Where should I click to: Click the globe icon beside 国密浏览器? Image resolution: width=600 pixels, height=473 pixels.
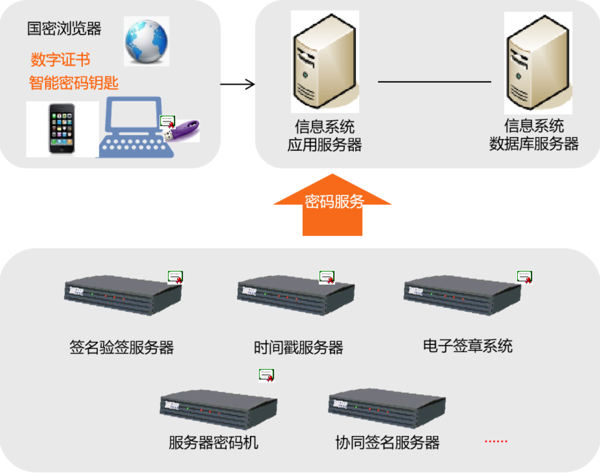click(x=146, y=41)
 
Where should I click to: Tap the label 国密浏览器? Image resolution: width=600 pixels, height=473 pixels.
click(x=64, y=29)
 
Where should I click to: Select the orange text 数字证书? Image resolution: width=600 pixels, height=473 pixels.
click(x=60, y=60)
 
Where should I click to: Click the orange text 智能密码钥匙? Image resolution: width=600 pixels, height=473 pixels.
click(x=74, y=83)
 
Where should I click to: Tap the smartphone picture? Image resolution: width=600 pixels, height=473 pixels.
click(x=62, y=129)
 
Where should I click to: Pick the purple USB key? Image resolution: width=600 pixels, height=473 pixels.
click(x=183, y=130)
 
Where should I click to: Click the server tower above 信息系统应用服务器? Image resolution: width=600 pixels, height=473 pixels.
click(x=325, y=61)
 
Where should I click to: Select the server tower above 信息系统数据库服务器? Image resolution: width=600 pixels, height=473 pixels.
click(x=538, y=62)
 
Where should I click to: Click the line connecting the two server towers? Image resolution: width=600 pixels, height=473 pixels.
click(x=434, y=82)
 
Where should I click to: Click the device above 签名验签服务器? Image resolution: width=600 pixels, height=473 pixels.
click(x=123, y=295)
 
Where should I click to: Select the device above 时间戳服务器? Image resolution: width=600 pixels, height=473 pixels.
click(x=295, y=295)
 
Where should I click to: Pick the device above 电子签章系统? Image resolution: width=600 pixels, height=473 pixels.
click(x=462, y=294)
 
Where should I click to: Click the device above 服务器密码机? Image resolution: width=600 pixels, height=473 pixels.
click(x=218, y=409)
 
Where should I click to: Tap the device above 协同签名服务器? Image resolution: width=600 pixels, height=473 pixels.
click(x=387, y=408)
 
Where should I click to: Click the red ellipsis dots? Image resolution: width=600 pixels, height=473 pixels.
click(x=496, y=442)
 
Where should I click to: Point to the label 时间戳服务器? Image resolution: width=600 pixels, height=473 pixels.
click(x=298, y=348)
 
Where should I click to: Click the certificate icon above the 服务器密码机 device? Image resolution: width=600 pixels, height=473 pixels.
click(x=266, y=375)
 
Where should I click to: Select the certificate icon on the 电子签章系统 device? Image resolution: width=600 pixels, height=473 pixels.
click(x=524, y=277)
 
